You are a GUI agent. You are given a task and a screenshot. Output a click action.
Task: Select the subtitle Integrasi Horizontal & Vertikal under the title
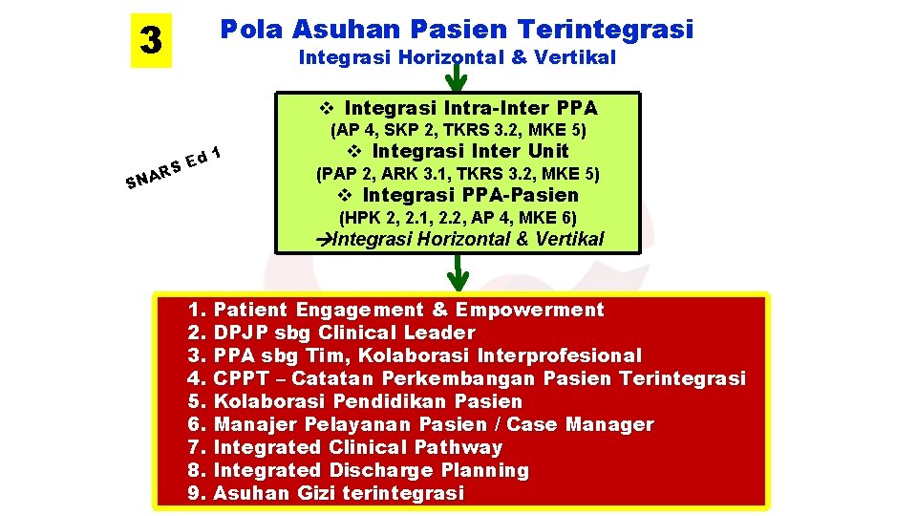point(458,58)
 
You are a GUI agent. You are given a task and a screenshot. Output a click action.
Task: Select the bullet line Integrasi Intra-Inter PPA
point(459,107)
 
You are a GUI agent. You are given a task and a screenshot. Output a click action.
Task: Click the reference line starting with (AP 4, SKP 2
point(458,129)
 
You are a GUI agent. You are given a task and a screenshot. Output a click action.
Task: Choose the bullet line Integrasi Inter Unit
point(459,151)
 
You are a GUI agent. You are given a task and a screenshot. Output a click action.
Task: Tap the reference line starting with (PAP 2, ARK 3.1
point(458,174)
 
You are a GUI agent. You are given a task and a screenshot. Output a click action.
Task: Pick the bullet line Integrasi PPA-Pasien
point(459,196)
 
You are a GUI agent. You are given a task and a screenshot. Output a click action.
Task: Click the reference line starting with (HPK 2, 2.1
point(458,218)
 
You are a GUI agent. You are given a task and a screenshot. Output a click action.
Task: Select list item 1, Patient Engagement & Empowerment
point(397,310)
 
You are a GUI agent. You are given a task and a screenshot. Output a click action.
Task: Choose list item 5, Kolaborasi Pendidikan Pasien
point(356,401)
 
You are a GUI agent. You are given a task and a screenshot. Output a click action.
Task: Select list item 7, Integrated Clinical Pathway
point(346,447)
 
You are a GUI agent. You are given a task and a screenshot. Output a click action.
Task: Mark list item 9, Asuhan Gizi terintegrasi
point(327,493)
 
